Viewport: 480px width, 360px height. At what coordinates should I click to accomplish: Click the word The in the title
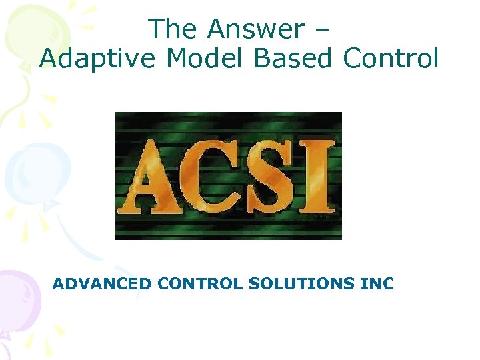click(173, 29)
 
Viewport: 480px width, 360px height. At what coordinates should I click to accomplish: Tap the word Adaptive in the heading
click(99, 59)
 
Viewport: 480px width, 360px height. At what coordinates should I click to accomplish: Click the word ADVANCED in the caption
click(102, 284)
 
